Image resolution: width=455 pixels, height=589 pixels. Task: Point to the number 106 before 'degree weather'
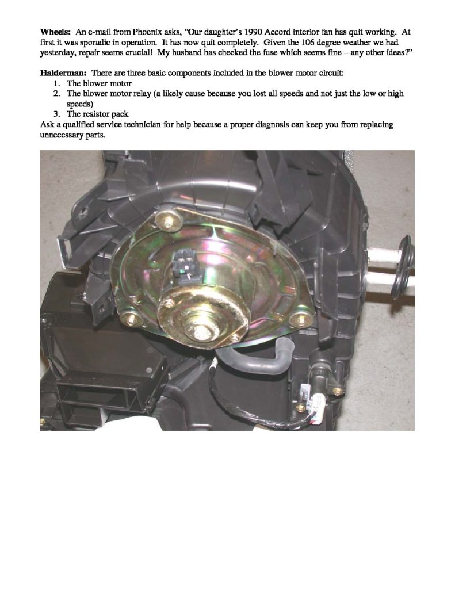[308, 42]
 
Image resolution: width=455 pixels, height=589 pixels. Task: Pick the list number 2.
[56, 94]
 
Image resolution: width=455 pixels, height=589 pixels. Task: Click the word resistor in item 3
[95, 114]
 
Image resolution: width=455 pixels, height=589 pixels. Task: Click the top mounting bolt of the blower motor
[168, 221]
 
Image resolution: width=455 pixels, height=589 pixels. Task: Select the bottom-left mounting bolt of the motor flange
[132, 320]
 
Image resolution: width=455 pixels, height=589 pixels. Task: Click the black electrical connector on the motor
[184, 265]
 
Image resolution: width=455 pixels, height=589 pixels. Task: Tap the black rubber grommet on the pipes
[403, 267]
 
